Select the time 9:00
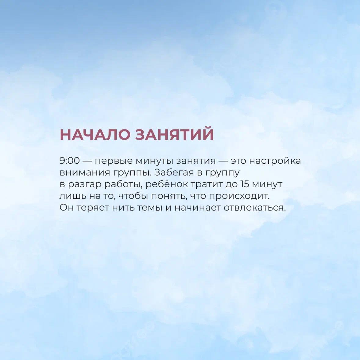pos(70,161)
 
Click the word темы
pos(150,208)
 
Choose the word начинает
pos(198,208)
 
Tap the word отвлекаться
pos(255,208)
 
